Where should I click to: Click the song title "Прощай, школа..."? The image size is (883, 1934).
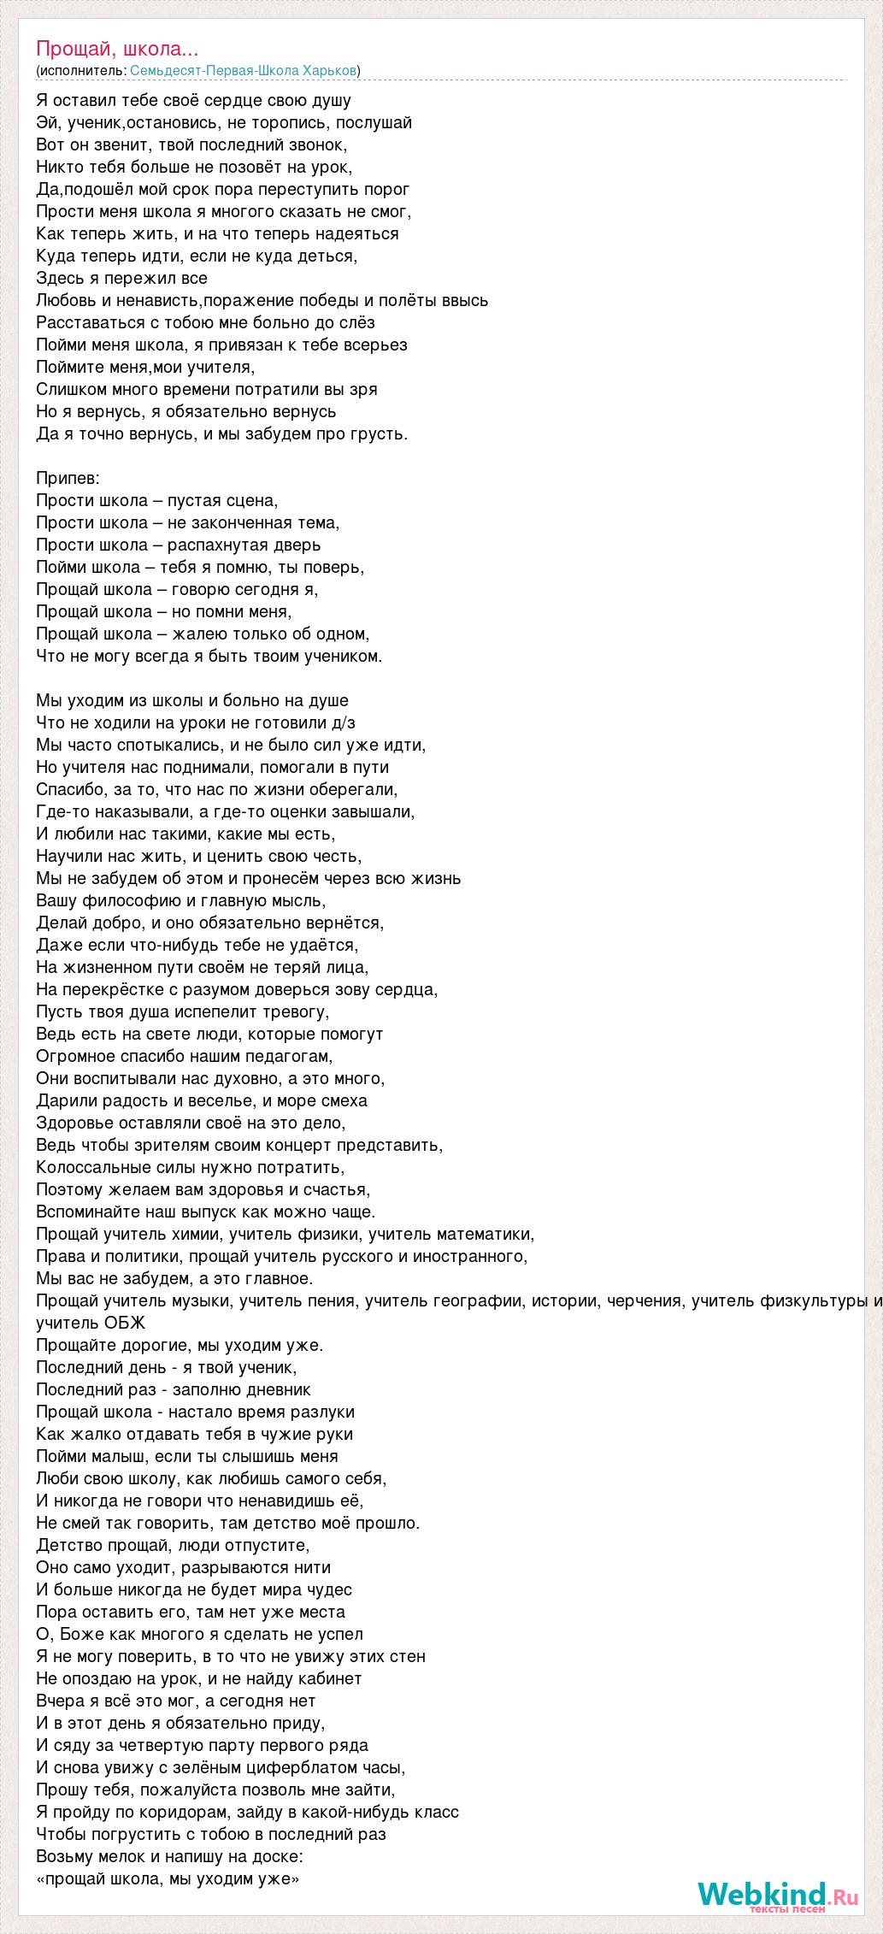click(x=117, y=49)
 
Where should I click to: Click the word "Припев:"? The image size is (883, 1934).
click(x=68, y=478)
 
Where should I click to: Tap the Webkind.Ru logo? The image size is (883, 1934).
click(x=777, y=1894)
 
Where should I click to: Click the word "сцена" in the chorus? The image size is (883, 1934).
click(x=251, y=500)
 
